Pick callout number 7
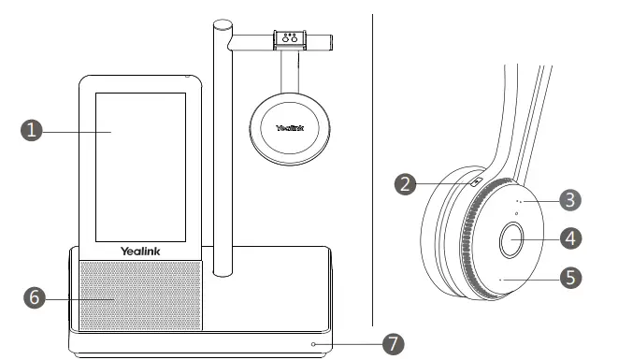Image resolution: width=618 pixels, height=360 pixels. tap(394, 343)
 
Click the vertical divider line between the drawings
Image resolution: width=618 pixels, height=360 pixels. tap(371, 168)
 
